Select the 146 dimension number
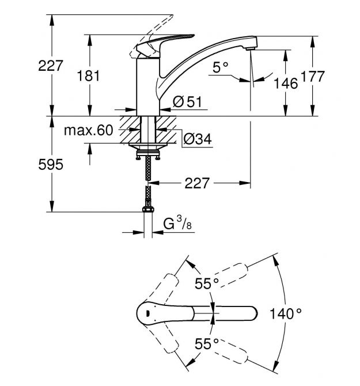click(x=286, y=84)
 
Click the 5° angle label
click(x=221, y=68)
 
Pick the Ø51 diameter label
click(x=187, y=102)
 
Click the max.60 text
click(x=89, y=131)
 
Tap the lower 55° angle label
click(x=206, y=344)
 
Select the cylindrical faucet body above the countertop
click(x=147, y=86)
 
